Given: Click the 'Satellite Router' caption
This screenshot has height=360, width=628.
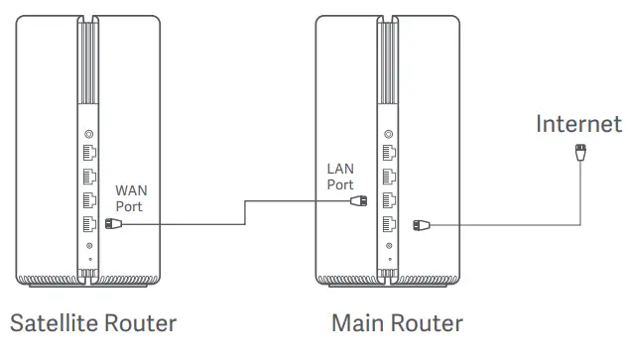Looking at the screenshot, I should pos(93,323).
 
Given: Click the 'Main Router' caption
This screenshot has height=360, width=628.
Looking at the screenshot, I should pos(396,323).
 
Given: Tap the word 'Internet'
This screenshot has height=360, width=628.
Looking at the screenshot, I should pos(578,124).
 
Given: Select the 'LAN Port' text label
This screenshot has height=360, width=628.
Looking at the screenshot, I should pos(340,177).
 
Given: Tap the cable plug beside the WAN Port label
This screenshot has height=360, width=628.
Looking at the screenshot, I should pos(113,224).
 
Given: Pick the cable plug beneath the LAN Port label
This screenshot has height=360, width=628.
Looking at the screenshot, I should pos(359,200).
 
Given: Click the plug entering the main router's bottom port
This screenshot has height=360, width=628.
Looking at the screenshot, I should pos(421,224).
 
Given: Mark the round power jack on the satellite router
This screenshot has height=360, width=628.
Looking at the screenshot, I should pos(90,246).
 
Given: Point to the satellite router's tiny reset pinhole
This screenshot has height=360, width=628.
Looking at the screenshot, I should pos(90,260).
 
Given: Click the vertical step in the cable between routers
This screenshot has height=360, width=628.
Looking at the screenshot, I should pos(245,212).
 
